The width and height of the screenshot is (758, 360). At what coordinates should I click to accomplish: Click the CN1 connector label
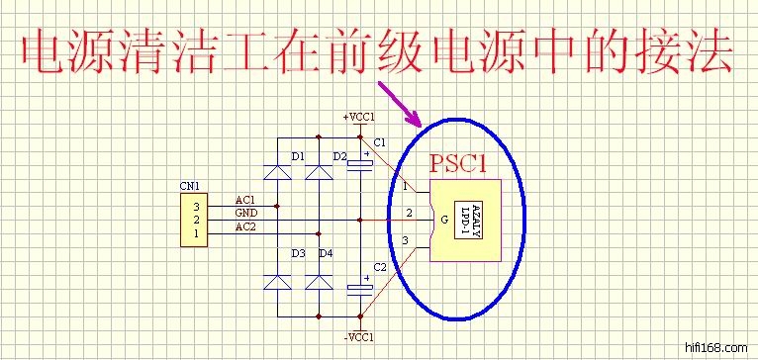click(x=189, y=186)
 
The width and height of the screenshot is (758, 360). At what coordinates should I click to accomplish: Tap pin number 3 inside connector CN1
click(x=196, y=208)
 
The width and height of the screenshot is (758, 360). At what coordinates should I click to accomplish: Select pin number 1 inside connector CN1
click(x=196, y=234)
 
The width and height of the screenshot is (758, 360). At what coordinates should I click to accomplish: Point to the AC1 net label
click(x=245, y=200)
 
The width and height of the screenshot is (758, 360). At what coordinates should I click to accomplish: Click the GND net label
click(x=246, y=213)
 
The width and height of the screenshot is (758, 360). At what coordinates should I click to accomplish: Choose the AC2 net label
click(x=245, y=227)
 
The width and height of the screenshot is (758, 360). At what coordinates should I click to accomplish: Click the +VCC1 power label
click(x=358, y=117)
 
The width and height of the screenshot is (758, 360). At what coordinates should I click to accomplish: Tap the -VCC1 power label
click(x=358, y=337)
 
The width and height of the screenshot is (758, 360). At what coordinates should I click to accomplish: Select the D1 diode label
click(x=298, y=156)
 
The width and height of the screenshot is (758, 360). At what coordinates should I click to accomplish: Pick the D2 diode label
click(x=339, y=156)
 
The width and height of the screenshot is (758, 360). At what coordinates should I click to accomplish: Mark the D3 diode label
click(x=298, y=253)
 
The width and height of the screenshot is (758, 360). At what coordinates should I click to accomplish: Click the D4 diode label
click(x=326, y=253)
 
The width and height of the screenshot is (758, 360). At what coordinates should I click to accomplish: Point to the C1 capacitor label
click(x=380, y=142)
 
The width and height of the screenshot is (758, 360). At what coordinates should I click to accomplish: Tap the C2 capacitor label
click(x=380, y=267)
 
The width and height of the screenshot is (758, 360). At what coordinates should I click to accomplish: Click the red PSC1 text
click(x=458, y=164)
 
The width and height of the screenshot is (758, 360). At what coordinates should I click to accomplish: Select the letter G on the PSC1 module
click(x=444, y=221)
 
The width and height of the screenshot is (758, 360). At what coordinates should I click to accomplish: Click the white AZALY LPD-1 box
click(x=468, y=219)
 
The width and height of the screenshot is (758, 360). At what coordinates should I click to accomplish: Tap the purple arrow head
click(x=413, y=118)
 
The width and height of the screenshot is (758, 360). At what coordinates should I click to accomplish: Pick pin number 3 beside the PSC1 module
click(x=405, y=240)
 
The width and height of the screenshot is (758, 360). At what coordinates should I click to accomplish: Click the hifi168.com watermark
click(x=716, y=347)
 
